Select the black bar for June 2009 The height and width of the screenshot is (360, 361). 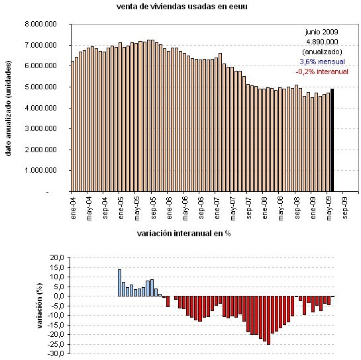pyautogui.click(x=333, y=140)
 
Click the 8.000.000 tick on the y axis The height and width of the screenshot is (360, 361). pyautogui.click(x=40, y=24)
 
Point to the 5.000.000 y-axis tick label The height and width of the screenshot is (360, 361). pyautogui.click(x=40, y=87)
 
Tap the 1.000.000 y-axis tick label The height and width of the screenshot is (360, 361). pyautogui.click(x=40, y=171)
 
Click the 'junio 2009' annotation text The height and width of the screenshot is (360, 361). pyautogui.click(x=321, y=31)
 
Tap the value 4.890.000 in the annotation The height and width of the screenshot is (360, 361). pyautogui.click(x=321, y=41)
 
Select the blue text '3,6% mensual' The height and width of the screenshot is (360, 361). pyautogui.click(x=321, y=61)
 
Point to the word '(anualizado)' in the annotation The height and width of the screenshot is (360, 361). pyautogui.click(x=321, y=51)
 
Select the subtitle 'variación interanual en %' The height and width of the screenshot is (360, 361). pyautogui.click(x=183, y=234)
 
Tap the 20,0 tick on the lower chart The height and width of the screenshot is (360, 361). pyautogui.click(x=56, y=257)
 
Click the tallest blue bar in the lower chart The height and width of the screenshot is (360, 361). pyautogui.click(x=119, y=283)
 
